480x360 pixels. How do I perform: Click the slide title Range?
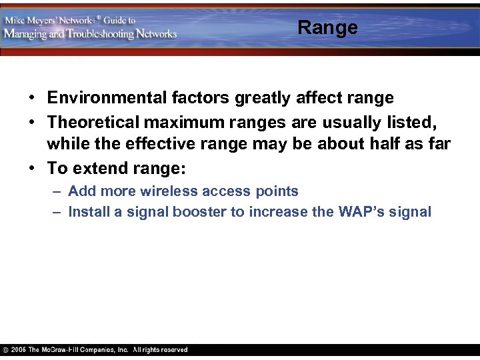pos(327,27)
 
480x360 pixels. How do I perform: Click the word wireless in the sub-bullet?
pos(175,191)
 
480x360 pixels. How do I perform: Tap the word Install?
pos(89,212)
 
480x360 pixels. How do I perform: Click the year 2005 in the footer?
pos(19,350)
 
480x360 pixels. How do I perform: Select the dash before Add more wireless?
pos(58,191)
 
